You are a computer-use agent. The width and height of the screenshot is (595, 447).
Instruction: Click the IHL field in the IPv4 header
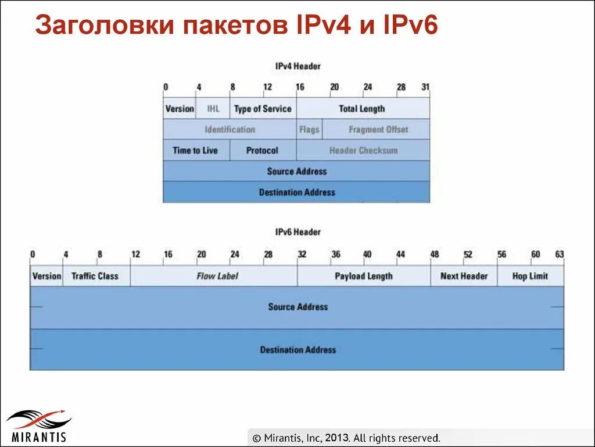pyautogui.click(x=213, y=109)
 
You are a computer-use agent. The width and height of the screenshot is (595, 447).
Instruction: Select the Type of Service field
pyautogui.click(x=263, y=109)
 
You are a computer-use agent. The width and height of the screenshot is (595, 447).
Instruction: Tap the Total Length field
pyautogui.click(x=362, y=109)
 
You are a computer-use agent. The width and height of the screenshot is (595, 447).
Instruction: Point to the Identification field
pyautogui.click(x=230, y=130)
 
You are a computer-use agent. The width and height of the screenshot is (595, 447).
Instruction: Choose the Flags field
pyautogui.click(x=309, y=130)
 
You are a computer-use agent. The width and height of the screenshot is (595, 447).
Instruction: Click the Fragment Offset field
pyautogui.click(x=378, y=130)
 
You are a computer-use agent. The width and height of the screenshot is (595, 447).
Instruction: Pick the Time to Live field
pyautogui.click(x=195, y=151)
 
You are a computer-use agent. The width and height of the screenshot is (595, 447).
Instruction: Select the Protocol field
pyautogui.click(x=262, y=151)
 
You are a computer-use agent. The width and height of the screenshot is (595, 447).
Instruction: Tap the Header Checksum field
pyautogui.click(x=363, y=151)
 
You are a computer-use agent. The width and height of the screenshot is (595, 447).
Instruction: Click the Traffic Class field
pyautogui.click(x=95, y=276)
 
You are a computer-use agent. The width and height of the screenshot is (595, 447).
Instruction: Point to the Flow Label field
pyautogui.click(x=217, y=276)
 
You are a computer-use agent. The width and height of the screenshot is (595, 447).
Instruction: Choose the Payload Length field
pyautogui.click(x=364, y=276)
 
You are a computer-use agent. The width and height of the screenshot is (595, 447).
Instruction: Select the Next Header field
pyautogui.click(x=464, y=276)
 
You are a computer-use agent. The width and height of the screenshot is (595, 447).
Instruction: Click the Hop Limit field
pyautogui.click(x=530, y=276)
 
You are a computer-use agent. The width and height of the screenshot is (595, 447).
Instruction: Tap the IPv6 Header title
pyautogui.click(x=297, y=232)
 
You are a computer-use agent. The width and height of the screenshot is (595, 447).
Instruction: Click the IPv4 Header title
pyautogui.click(x=297, y=66)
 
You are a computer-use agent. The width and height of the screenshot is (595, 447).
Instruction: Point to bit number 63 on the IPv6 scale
pyautogui.click(x=559, y=254)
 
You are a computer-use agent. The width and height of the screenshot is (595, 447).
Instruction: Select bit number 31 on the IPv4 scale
pyautogui.click(x=425, y=87)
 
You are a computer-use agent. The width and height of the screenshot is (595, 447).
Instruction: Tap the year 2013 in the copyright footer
pyautogui.click(x=336, y=438)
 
